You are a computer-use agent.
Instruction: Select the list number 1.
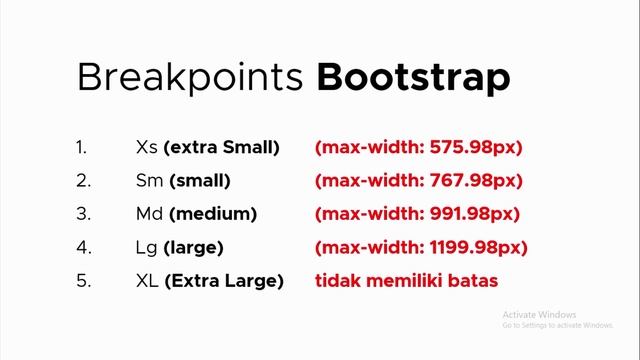coord(81,148)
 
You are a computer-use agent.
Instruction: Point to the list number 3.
coord(82,214)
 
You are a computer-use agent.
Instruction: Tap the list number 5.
coord(82,281)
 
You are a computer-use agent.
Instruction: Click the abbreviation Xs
coord(145,148)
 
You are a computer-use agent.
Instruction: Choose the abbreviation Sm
coord(148,181)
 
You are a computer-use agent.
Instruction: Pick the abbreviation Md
coord(149,214)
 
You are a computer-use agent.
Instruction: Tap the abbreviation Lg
coord(146,247)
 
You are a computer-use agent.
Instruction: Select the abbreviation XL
coord(146,281)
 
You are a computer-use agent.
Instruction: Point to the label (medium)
coord(213,214)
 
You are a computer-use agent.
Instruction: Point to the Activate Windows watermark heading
coord(541,312)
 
